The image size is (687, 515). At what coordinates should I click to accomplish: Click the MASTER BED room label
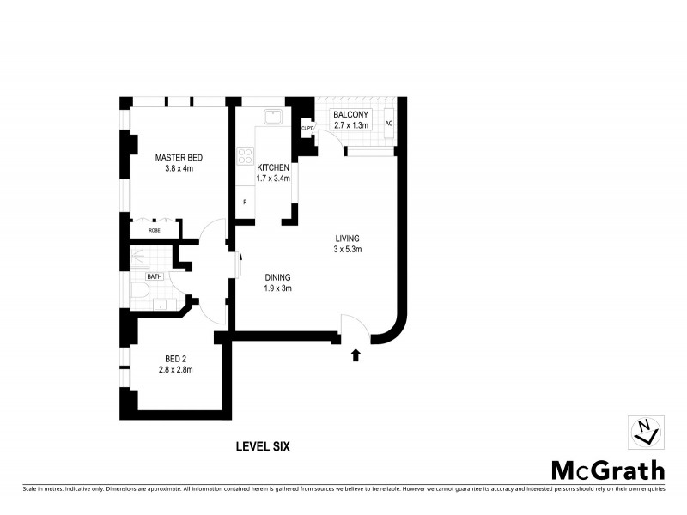(179, 157)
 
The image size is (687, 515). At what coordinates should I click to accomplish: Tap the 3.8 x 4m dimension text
(179, 169)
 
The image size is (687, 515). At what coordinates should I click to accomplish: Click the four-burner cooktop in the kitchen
(244, 158)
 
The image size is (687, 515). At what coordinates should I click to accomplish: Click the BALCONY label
(350, 114)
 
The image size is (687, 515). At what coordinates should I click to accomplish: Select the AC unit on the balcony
(389, 124)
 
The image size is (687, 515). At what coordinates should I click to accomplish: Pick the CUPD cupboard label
(307, 129)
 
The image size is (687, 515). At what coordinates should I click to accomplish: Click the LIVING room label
(347, 238)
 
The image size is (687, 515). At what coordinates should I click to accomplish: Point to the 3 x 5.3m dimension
(347, 250)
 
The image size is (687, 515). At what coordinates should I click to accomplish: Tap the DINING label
(277, 277)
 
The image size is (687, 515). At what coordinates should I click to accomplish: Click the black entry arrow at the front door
(356, 354)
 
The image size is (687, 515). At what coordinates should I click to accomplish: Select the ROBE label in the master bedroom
(155, 231)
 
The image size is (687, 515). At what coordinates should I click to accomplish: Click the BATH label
(155, 276)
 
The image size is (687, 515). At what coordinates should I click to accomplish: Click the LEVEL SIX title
(266, 446)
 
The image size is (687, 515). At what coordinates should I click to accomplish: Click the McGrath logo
(607, 470)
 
